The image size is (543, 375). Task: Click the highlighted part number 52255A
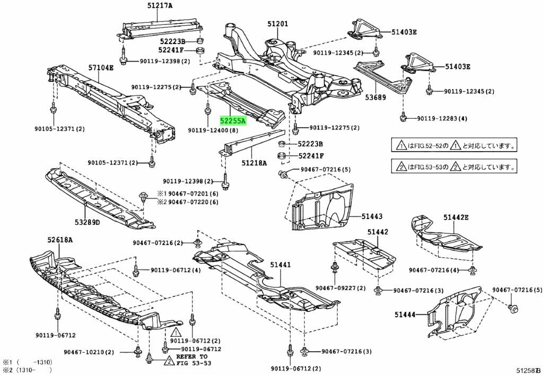pyautogui.click(x=233, y=121)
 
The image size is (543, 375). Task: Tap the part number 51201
pyautogui.click(x=277, y=23)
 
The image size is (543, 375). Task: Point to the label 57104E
pyautogui.click(x=101, y=67)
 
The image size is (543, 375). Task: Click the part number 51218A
pyautogui.click(x=254, y=164)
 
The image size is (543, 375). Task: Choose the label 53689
pyautogui.click(x=375, y=97)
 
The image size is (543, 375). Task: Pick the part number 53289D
pyautogui.click(x=87, y=222)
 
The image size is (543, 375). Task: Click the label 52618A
pyautogui.click(x=60, y=240)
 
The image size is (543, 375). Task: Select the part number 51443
pyautogui.click(x=372, y=216)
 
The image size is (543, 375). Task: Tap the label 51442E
pyautogui.click(x=457, y=217)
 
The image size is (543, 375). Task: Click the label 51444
pyautogui.click(x=405, y=315)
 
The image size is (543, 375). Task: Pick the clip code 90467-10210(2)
pyautogui.click(x=104, y=352)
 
